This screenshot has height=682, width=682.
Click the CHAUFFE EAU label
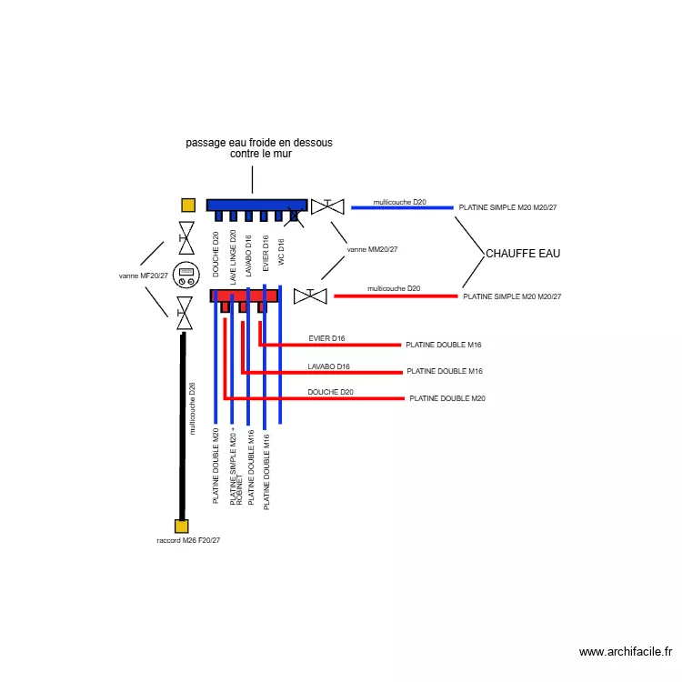coord(523,254)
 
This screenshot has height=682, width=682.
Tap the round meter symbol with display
coord(186,275)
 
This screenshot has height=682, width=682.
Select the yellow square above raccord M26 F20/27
coord(181,527)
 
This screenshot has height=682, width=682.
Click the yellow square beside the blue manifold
coord(188,206)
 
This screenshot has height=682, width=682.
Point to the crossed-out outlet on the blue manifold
coord(294,216)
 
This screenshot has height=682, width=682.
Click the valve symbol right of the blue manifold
coord(327,206)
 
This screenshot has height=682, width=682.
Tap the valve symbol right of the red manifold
coord(310,296)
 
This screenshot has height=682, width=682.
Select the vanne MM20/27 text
coord(372,250)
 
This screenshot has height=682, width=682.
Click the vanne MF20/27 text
coord(143,276)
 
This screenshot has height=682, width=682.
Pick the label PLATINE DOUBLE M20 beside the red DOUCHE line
coord(447,398)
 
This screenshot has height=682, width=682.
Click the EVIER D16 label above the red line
coord(326,338)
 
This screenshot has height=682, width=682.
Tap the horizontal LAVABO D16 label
coord(329,366)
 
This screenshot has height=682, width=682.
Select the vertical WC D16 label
coord(281,252)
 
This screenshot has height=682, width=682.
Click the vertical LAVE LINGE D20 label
coord(233,257)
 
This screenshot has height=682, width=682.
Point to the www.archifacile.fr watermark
coord(626,652)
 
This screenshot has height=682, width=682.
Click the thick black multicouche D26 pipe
coord(183,426)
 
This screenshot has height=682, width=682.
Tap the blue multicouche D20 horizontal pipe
coord(402,208)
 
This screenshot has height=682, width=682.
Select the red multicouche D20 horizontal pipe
coord(396,296)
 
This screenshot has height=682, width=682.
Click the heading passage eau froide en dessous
coord(259,143)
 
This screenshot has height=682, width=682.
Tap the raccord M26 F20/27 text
coord(188,540)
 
